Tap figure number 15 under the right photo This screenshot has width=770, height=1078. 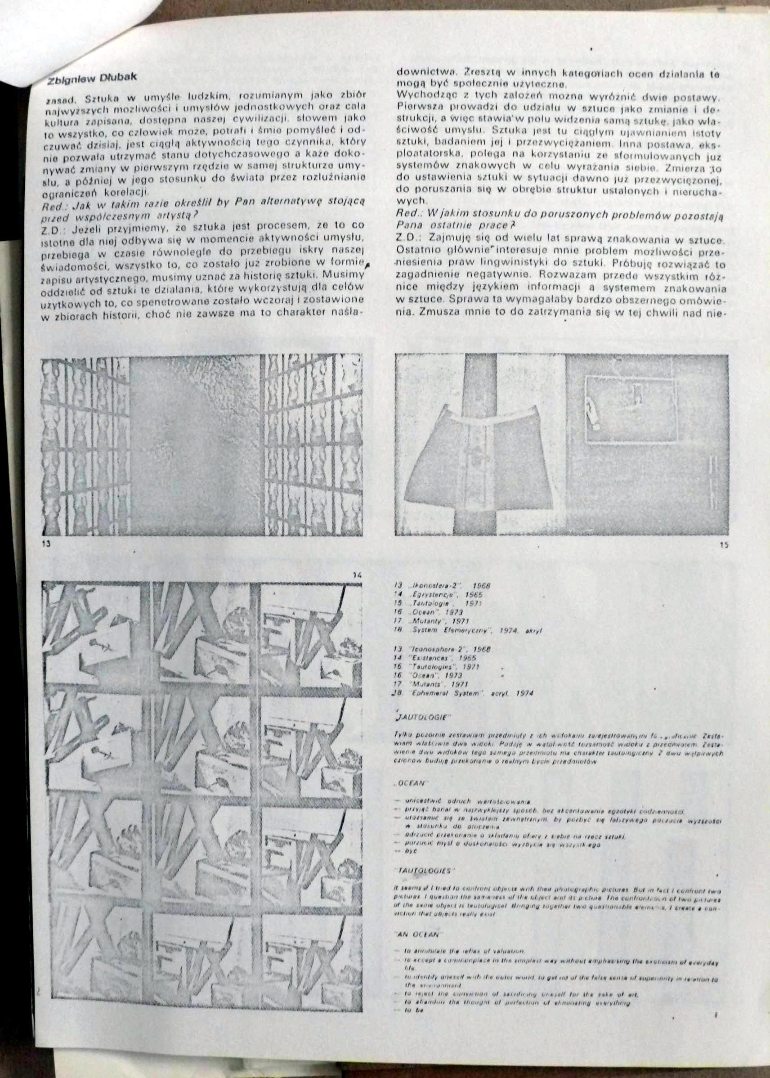pos(723,546)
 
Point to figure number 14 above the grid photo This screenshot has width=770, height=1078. pos(358,575)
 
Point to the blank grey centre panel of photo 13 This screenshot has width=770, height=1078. pos(194,446)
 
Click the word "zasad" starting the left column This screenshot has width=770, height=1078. pos(55,99)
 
